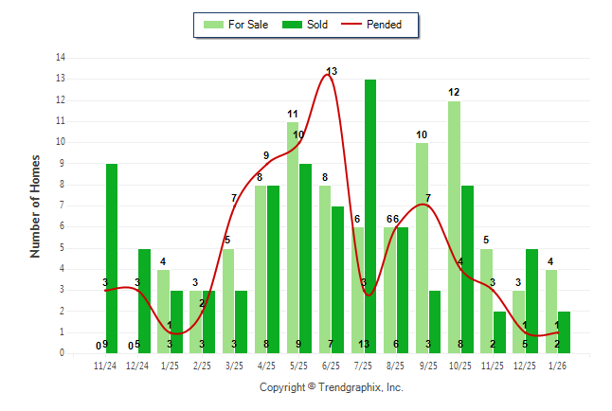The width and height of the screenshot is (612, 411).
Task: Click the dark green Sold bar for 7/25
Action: tap(370, 216)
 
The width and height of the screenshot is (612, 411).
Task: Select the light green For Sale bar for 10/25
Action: tap(454, 227)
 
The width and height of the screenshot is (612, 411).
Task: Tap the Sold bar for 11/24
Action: tap(112, 258)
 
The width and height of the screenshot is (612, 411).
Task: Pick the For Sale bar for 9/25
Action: tap(422, 248)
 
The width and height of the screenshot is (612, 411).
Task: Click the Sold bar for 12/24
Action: tap(144, 300)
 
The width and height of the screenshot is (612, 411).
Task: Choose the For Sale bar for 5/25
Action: tap(293, 237)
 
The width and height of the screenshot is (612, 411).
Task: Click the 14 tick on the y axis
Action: tap(61, 58)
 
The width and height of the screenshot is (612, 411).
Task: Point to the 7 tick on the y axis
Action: tap(63, 205)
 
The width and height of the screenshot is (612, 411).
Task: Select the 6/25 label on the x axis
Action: tap(332, 366)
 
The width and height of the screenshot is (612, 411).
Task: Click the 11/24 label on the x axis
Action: tap(105, 366)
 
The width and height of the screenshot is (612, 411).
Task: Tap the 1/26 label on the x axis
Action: tap(557, 366)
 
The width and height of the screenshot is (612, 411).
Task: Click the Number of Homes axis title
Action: tap(36, 205)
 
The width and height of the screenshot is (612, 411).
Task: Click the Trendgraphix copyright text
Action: tap(332, 387)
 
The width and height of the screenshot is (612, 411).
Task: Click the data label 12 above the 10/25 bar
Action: tap(454, 92)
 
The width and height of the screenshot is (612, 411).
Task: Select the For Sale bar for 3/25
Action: tap(228, 301)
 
